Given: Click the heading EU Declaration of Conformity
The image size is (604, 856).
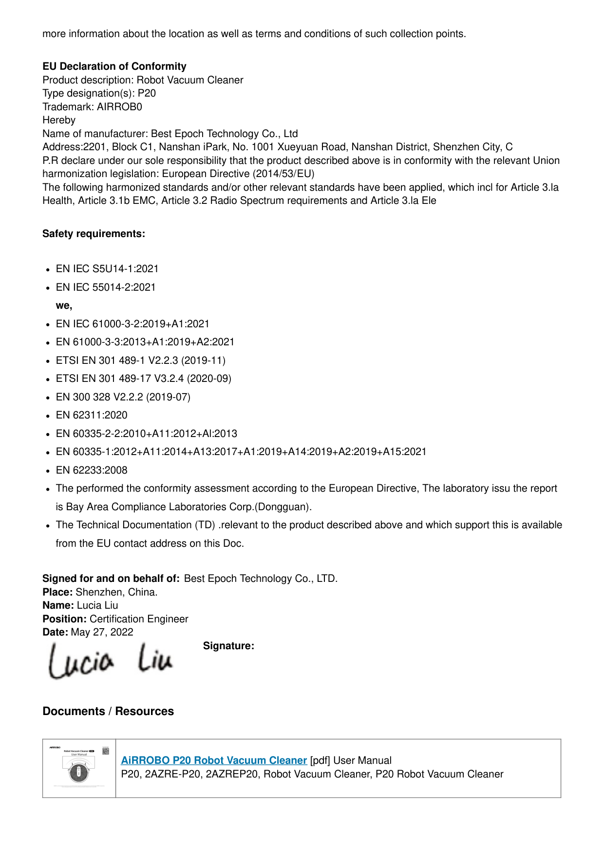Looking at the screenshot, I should point(114,66).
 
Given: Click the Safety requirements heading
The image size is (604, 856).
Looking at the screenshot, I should point(94,234).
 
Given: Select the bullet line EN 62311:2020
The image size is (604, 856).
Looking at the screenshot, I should point(92,415).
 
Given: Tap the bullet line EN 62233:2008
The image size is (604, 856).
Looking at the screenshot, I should point(92,470).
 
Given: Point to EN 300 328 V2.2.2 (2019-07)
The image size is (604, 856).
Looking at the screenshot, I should point(123,397).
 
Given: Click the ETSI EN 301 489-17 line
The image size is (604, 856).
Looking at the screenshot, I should point(144,378).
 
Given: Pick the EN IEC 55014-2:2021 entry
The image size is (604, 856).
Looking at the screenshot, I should point(106,287).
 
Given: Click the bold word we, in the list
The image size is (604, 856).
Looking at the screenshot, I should point(64,305).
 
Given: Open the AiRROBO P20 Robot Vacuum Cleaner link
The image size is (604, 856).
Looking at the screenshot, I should point(214,760).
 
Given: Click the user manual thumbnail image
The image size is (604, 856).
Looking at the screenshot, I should point(79,768).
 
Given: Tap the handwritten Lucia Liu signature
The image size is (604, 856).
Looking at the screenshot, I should point(111,661).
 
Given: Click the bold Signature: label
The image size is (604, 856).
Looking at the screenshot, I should point(228,646).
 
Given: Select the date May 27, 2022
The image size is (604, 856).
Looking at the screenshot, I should point(102,632).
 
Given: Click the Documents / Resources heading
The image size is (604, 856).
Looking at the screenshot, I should point(108,711).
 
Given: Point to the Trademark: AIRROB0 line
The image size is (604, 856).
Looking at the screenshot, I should point(92,107).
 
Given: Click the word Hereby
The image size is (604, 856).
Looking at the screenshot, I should point(59,120).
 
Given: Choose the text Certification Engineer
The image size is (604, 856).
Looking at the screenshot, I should point(139,619).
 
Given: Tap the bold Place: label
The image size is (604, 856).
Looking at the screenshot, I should point(57,592).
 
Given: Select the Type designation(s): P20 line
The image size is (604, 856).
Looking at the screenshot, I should point(99,93).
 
